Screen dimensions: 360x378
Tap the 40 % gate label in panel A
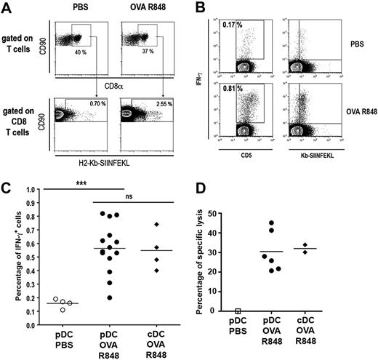(76, 54)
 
